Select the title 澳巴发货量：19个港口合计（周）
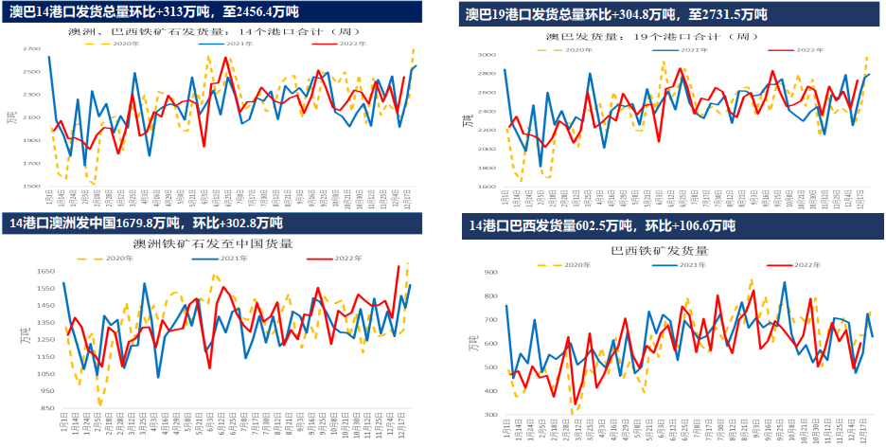pos(652,36)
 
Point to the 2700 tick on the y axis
pos(31,48)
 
